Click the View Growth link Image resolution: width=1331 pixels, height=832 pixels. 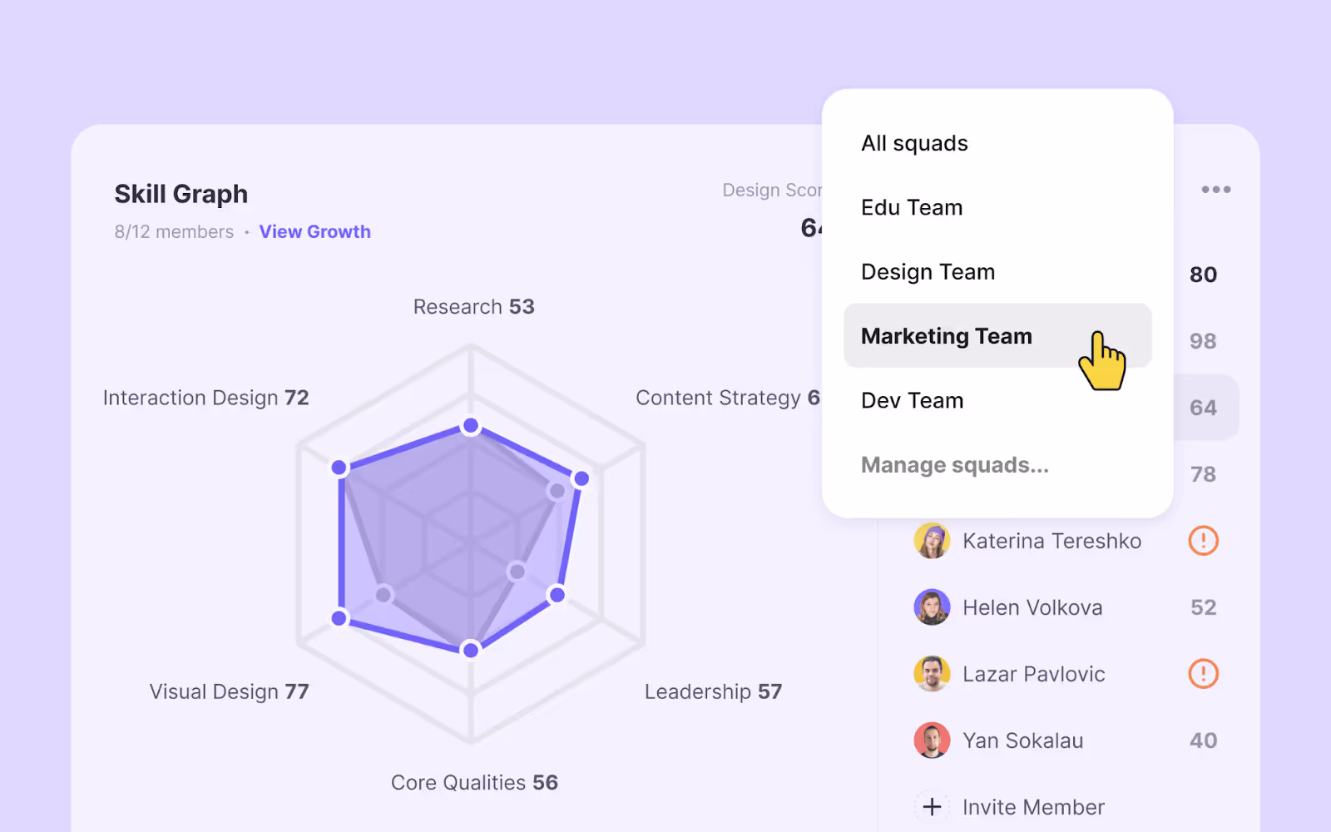[x=314, y=232]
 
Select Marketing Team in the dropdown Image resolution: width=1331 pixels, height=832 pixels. [x=947, y=336]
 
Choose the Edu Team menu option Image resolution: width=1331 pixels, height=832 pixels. [x=912, y=208]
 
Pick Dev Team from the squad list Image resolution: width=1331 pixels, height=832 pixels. [x=912, y=401]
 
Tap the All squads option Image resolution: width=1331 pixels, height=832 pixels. [x=914, y=144]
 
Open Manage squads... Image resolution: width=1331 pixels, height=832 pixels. [x=954, y=465]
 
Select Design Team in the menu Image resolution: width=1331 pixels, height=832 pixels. [x=928, y=272]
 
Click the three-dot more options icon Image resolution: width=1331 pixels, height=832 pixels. [x=1215, y=190]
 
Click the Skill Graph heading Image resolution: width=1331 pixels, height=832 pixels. [x=181, y=194]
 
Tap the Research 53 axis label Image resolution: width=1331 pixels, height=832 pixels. [x=473, y=307]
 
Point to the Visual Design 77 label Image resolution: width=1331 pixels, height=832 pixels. [x=229, y=692]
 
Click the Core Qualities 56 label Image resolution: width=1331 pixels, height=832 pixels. [x=474, y=783]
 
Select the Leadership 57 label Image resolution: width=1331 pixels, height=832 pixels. [x=713, y=692]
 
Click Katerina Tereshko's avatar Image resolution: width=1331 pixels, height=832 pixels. [x=932, y=541]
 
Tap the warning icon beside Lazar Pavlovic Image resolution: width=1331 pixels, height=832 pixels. [x=1203, y=674]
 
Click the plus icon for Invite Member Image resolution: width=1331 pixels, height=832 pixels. [x=932, y=807]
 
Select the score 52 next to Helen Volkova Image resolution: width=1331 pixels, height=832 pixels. [x=1203, y=607]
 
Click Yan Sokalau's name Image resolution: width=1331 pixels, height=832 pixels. [x=1022, y=740]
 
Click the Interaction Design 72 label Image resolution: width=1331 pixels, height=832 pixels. [x=205, y=399]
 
